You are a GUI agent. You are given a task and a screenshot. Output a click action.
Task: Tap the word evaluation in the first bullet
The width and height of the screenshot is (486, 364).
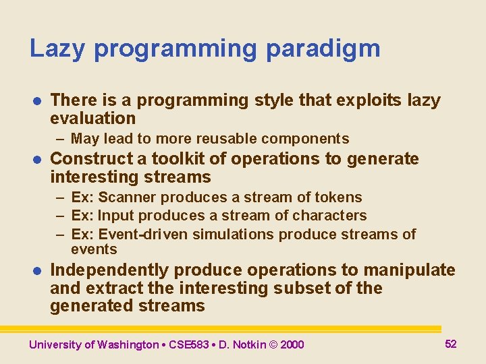tap(93, 119)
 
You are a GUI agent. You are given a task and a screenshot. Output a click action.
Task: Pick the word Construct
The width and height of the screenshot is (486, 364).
tap(92, 159)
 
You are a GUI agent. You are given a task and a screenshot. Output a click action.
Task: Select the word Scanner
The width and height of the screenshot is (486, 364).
tap(128, 198)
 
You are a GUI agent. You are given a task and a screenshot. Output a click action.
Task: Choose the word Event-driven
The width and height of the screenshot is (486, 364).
tap(143, 235)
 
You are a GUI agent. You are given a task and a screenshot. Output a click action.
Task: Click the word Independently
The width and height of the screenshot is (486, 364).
tap(110, 270)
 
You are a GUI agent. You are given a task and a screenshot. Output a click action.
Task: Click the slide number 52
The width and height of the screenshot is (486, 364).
tap(451, 344)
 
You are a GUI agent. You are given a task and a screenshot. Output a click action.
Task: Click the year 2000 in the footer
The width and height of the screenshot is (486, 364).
tap(292, 344)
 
